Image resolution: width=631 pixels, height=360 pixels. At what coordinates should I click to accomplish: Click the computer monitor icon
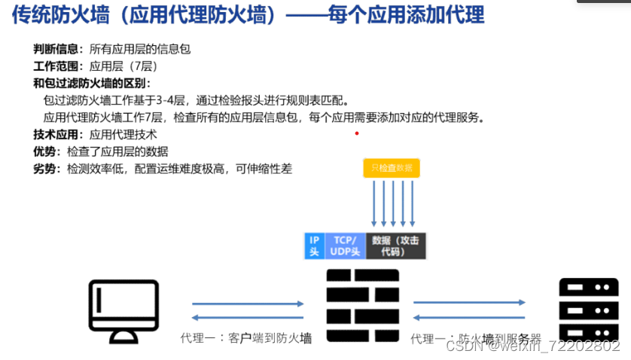[123, 310]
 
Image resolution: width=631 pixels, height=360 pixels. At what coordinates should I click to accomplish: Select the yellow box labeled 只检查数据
[392, 168]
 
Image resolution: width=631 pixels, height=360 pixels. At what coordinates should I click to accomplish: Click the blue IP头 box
[313, 246]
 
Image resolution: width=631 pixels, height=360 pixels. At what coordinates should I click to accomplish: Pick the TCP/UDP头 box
[345, 246]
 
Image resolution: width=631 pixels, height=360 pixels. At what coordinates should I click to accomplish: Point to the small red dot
[357, 134]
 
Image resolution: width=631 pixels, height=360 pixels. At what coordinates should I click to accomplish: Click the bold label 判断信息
[56, 50]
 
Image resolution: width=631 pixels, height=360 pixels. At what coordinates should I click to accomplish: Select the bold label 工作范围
[56, 66]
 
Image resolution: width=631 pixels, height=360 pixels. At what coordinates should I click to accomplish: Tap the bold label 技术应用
[56, 135]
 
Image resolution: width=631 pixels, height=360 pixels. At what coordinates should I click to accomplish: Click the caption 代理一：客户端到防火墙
[245, 338]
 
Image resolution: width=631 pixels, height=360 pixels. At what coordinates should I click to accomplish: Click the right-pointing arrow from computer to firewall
[248, 304]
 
